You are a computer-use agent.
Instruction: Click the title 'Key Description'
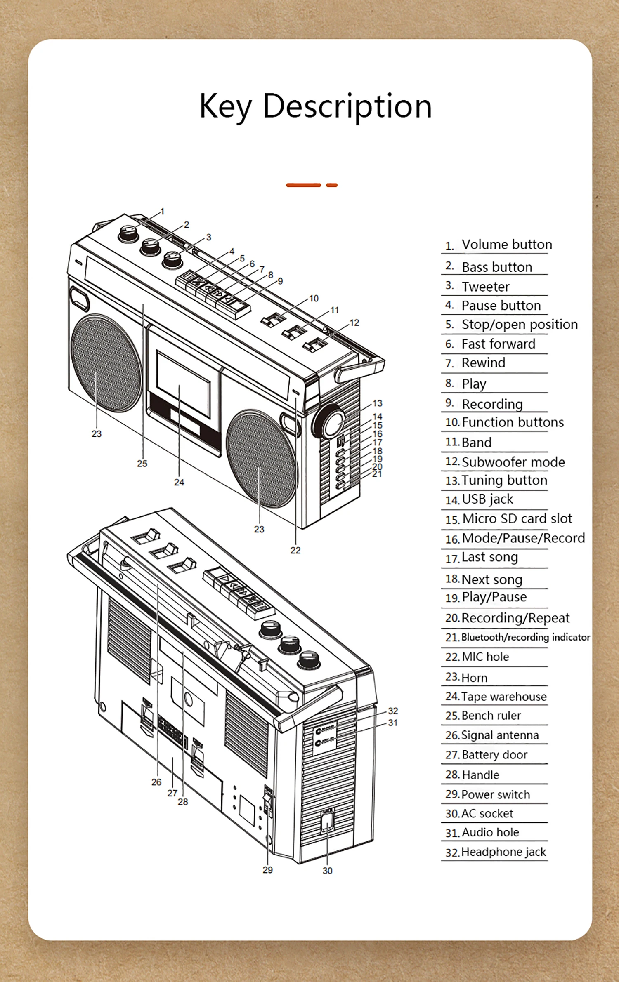coord(316,106)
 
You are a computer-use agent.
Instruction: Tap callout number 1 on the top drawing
coord(162,211)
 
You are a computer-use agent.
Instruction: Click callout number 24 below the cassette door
coord(179,482)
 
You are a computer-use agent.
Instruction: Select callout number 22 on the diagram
coord(295,550)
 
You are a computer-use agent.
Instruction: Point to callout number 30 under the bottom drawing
coord(327,871)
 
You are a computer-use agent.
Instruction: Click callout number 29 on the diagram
coord(268,870)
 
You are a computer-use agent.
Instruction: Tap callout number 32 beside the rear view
coord(393,711)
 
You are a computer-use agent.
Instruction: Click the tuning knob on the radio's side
coord(329,422)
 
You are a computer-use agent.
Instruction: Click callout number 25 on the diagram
coord(142,464)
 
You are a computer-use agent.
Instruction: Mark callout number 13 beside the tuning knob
coord(377,403)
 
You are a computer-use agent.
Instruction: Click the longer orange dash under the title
coord(303,185)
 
